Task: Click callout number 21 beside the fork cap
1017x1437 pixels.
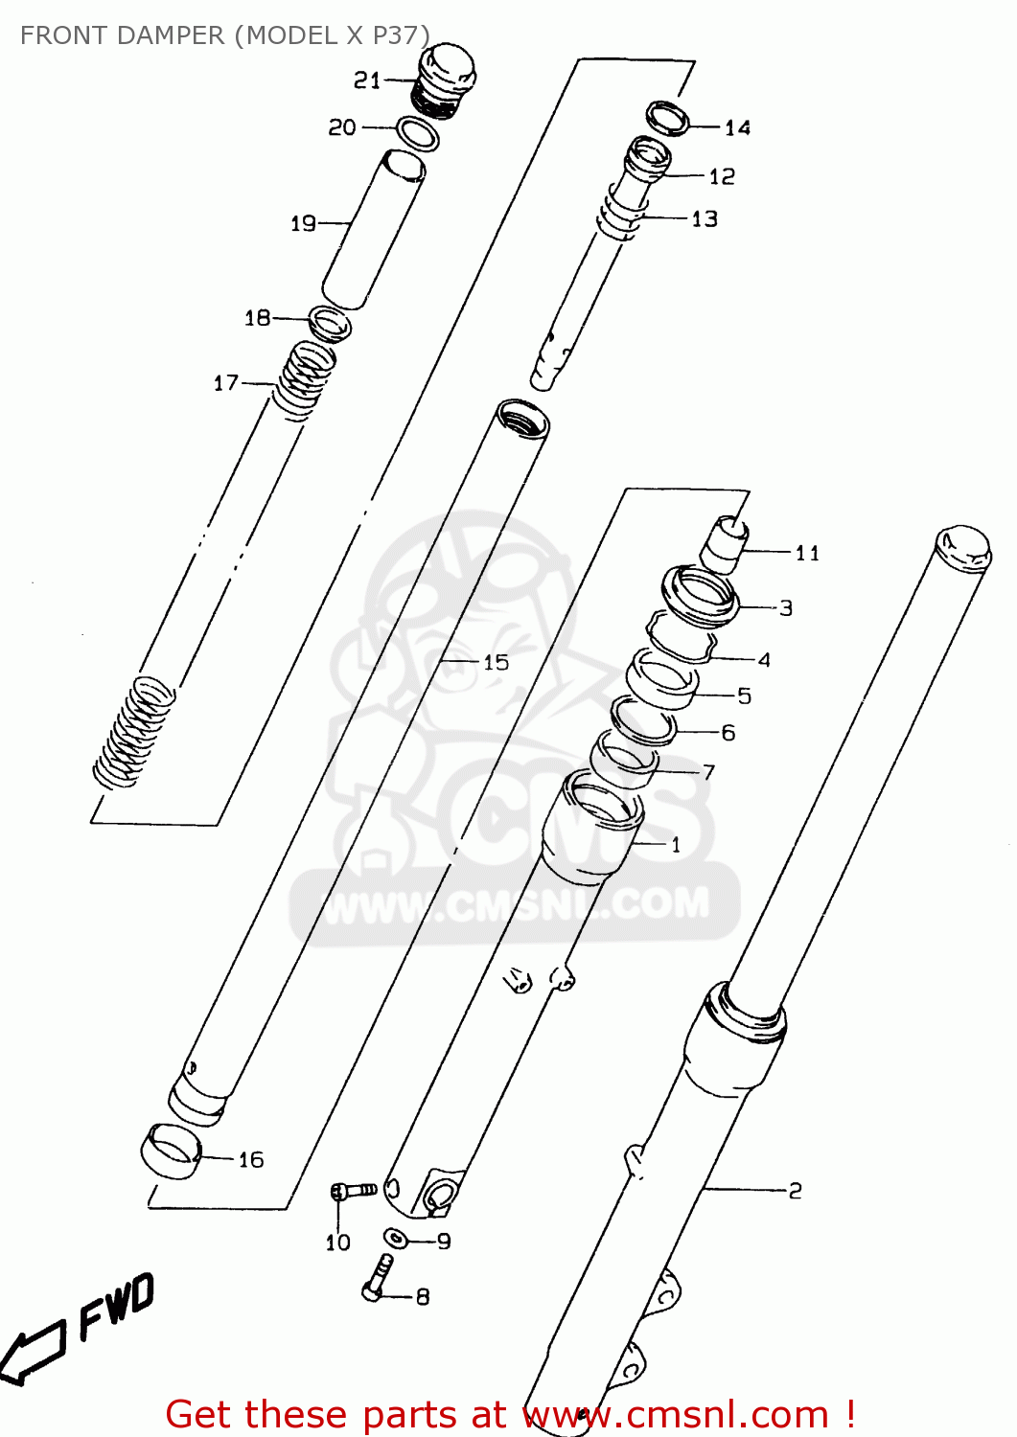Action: click(x=367, y=80)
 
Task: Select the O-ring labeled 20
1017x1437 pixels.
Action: click(x=418, y=133)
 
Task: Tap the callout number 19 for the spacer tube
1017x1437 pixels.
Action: click(x=303, y=223)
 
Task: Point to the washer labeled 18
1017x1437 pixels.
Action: click(x=329, y=323)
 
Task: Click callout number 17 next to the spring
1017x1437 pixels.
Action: click(x=225, y=383)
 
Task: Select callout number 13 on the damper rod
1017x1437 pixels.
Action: click(x=705, y=219)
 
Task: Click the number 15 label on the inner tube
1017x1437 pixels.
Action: click(x=496, y=662)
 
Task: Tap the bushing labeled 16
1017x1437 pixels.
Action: click(x=171, y=1151)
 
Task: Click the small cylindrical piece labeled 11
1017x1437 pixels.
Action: click(x=725, y=544)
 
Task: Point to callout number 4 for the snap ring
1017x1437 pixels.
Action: click(x=764, y=660)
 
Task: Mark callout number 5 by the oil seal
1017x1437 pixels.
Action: click(x=744, y=696)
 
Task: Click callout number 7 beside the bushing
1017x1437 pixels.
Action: click(x=708, y=772)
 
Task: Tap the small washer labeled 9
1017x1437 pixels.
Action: click(x=396, y=1238)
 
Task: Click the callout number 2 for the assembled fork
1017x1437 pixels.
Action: click(x=795, y=1191)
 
